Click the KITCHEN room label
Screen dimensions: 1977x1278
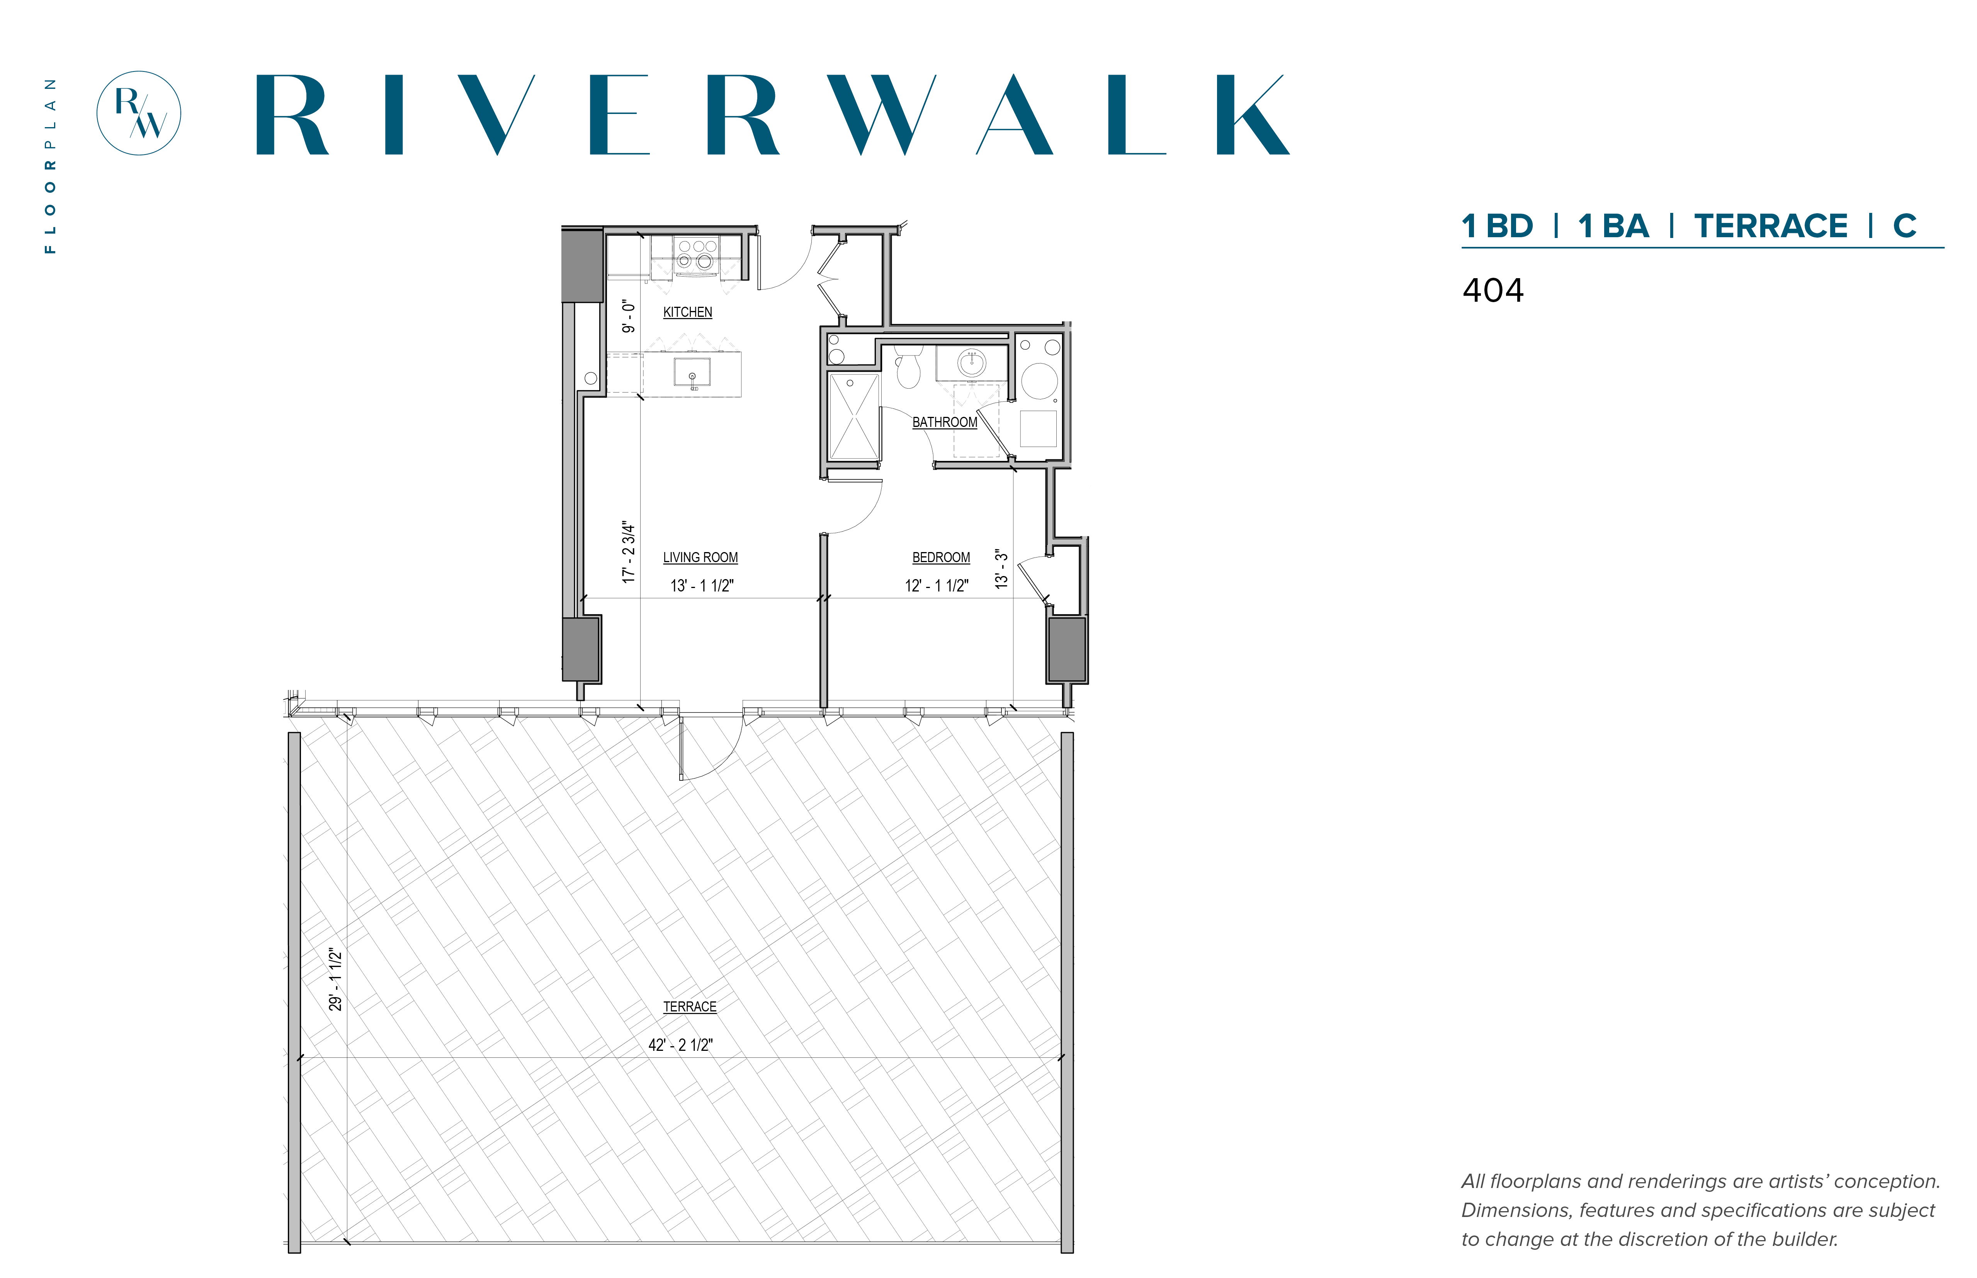[x=687, y=312]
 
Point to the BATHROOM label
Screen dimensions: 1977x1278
[x=945, y=422]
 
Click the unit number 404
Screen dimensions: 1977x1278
[x=1492, y=291]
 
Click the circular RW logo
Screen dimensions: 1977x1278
[x=139, y=113]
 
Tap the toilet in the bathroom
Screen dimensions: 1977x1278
[x=909, y=367]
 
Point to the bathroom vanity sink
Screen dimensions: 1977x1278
[x=971, y=363]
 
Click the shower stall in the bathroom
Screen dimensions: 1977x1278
[x=853, y=416]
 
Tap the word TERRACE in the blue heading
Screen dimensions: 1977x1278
[x=1770, y=226]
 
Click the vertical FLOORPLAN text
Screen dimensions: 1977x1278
[x=51, y=166]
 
